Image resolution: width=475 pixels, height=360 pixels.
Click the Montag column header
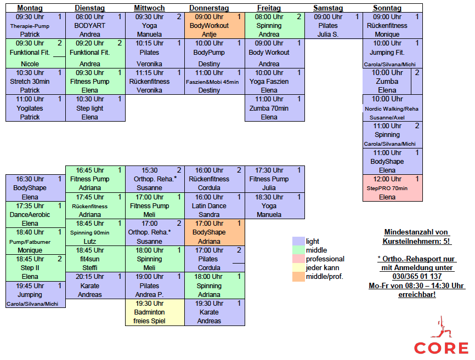click(30, 8)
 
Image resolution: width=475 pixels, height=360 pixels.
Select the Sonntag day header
click(387, 8)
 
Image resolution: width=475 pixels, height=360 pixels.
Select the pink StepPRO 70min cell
click(393, 188)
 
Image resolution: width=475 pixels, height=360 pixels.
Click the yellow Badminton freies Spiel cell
click(155, 312)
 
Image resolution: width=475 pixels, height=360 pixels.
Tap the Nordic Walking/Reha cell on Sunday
click(393, 108)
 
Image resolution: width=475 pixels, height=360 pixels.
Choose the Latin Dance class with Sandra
click(215, 205)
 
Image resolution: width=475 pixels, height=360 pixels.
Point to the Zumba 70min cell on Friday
click(275, 108)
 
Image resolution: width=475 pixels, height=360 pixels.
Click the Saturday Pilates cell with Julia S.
click(334, 25)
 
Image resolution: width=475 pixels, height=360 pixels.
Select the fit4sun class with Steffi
click(95, 259)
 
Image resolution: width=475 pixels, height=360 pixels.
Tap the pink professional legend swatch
click(298, 259)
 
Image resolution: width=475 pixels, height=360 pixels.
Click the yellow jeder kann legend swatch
click(298, 268)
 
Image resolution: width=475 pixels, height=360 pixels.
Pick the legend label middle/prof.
click(325, 277)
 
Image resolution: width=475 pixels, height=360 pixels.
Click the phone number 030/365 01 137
click(417, 276)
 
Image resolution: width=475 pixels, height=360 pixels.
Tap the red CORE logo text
click(441, 348)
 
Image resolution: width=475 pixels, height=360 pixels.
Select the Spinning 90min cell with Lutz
click(95, 232)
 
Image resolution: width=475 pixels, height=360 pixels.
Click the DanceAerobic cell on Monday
click(36, 214)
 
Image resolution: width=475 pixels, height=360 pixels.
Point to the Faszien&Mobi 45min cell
click(215, 82)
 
